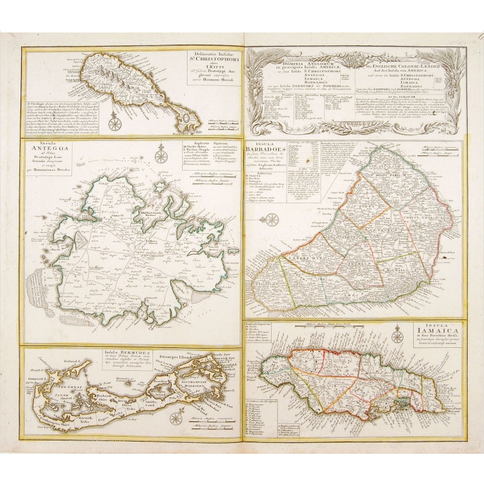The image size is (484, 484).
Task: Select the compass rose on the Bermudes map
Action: pos(176,418)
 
